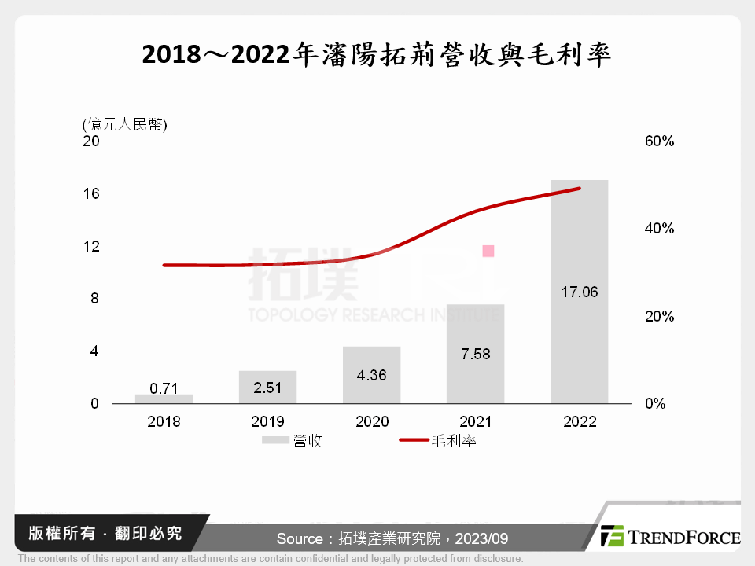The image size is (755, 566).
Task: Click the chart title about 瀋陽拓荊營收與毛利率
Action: pos(377,56)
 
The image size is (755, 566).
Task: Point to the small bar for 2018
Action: pos(164,399)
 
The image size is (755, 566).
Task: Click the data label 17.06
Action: pos(579,292)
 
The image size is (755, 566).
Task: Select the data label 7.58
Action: pos(475,354)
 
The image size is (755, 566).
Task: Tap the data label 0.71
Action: pos(164,388)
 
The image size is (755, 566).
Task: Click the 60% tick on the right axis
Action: pos(659,141)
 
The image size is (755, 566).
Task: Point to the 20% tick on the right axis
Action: pos(659,317)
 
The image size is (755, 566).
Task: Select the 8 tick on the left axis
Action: pos(94,299)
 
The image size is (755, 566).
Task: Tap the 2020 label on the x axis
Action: pos(371,422)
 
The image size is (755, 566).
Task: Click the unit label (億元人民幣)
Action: pos(124,124)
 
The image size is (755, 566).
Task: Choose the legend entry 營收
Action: pos(293,442)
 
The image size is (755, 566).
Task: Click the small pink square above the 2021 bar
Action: pos(488,251)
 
